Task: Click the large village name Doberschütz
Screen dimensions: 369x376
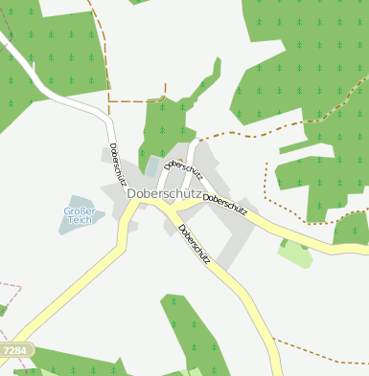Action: click(162, 193)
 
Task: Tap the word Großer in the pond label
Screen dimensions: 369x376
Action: click(80, 211)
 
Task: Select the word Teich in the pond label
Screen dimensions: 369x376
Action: click(80, 220)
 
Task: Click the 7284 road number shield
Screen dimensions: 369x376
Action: click(14, 352)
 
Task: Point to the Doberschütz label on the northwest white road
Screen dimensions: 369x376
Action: click(118, 164)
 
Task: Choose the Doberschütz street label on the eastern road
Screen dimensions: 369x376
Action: click(226, 204)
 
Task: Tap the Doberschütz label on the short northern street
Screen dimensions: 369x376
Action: click(183, 171)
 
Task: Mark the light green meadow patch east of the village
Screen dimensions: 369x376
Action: click(293, 254)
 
